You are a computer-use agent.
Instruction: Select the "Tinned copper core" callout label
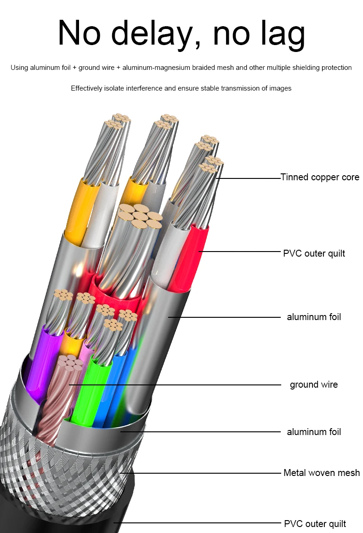pos(320,177)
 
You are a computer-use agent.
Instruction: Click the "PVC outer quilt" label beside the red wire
pos(314,253)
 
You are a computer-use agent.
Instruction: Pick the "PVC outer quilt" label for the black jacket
pos(315,523)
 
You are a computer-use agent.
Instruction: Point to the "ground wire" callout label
pos(313,384)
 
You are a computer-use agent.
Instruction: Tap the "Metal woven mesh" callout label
pos(322,473)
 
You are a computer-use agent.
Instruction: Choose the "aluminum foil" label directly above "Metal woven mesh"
pos(314,432)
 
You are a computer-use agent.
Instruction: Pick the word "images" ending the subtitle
pos(281,88)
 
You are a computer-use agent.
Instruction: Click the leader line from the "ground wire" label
pos(184,384)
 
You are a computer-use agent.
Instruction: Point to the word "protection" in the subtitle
pos(335,68)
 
